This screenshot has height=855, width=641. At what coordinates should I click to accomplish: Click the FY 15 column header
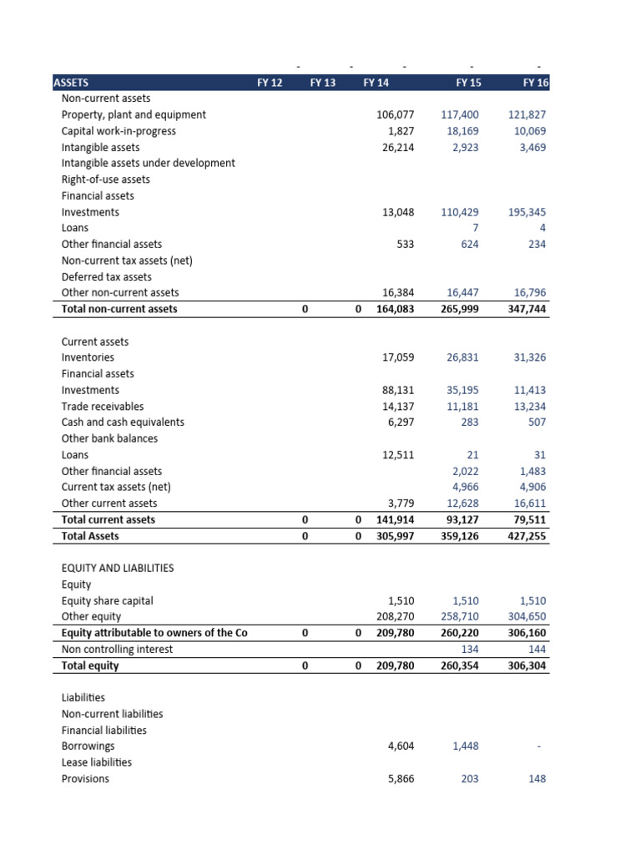pos(467,83)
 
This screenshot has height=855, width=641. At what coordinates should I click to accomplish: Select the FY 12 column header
pos(270,83)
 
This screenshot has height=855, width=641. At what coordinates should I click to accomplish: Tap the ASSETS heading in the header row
pos(71,83)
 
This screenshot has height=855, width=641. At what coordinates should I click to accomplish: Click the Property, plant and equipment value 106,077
pos(396,114)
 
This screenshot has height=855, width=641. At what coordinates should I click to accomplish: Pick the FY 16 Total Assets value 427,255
pos(527,536)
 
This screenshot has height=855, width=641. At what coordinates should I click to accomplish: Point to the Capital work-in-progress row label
pos(119,131)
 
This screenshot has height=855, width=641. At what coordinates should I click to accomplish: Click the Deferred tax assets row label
pos(107,276)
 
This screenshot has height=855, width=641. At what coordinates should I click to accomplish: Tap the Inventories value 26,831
pos(462,357)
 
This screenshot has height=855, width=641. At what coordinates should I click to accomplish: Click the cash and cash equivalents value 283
pos(470,422)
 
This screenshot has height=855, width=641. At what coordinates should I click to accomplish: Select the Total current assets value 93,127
pos(460,519)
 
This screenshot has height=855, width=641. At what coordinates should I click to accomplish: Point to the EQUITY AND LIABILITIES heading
pos(118,568)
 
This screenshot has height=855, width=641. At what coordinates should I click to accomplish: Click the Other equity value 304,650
pos(527,617)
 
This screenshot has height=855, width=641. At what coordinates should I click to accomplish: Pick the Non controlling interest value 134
pos(470,650)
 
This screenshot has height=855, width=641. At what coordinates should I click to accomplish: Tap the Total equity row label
pos(90,666)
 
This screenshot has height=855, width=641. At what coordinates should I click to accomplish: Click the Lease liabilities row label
pos(96,762)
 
